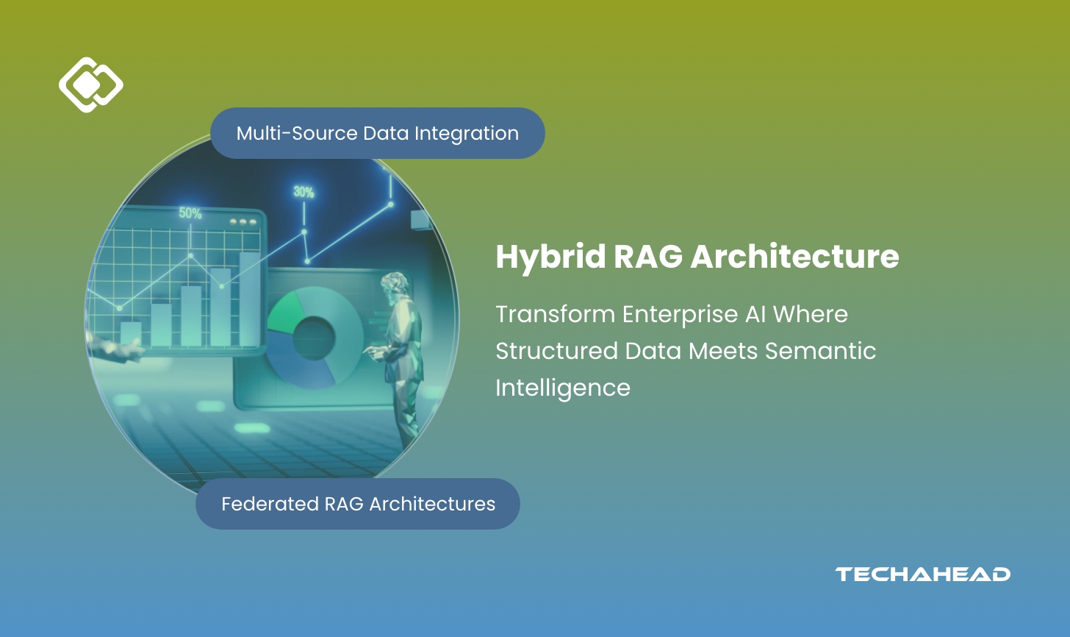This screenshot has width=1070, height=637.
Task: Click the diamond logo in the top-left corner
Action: click(x=90, y=85)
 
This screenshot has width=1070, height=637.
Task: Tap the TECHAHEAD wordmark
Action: click(x=922, y=574)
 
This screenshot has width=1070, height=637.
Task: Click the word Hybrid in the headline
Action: click(x=550, y=257)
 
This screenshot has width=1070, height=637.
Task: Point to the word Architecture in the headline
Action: click(x=794, y=257)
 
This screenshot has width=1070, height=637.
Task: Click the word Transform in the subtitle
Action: click(x=555, y=314)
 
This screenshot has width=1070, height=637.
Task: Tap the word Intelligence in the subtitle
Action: click(x=562, y=388)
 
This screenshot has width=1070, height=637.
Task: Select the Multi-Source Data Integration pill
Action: click(x=377, y=133)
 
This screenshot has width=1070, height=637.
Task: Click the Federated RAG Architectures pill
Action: click(x=358, y=504)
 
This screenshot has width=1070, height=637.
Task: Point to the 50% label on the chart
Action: click(x=190, y=213)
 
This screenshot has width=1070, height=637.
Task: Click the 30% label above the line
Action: click(x=304, y=192)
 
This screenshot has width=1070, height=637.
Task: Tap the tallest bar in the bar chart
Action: click(x=250, y=299)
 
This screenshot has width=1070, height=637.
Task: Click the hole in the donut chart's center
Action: click(x=314, y=338)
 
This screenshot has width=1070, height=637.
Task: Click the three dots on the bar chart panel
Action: click(x=243, y=221)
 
